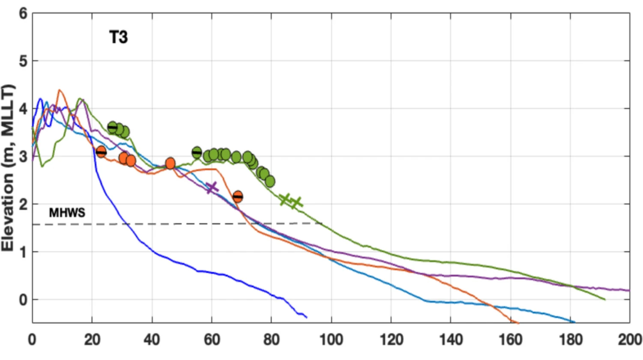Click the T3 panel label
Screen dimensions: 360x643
pyautogui.click(x=118, y=37)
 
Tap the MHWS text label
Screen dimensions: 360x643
pyautogui.click(x=67, y=212)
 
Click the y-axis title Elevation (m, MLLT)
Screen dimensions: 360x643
pyautogui.click(x=8, y=168)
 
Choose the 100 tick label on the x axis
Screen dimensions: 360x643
pyautogui.click(x=331, y=340)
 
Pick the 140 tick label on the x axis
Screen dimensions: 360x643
pyautogui.click(x=451, y=340)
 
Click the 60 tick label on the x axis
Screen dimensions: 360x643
pyautogui.click(x=212, y=340)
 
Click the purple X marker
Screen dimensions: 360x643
pyautogui.click(x=212, y=187)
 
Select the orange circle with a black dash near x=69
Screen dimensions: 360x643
pyautogui.click(x=238, y=196)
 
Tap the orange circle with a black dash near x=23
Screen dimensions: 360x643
pyautogui.click(x=101, y=152)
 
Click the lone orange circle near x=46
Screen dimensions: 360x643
pyautogui.click(x=170, y=163)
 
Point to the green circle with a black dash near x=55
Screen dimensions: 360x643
pyautogui.click(x=197, y=152)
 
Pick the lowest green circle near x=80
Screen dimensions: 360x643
pyautogui.click(x=270, y=181)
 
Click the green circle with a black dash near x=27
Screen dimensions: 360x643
pyautogui.click(x=112, y=127)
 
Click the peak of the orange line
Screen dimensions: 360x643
pyautogui.click(x=59, y=90)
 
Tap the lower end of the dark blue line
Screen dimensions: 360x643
pyautogui.click(x=306, y=317)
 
